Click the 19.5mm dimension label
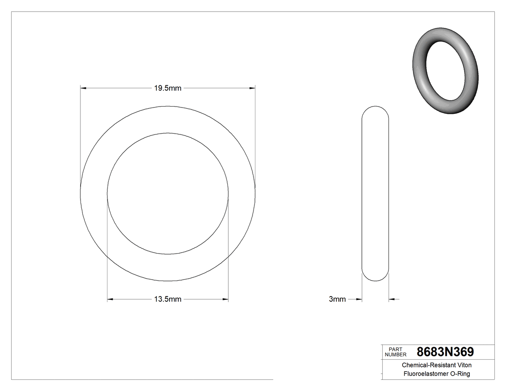(167, 88)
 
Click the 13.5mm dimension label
(167, 299)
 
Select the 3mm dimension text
(337, 299)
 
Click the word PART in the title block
(395, 349)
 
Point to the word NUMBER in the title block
(397, 354)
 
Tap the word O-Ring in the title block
(460, 374)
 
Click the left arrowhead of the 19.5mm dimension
(83, 88)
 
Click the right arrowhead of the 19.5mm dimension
(252, 88)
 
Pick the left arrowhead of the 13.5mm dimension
(110, 299)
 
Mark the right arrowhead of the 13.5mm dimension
(225, 299)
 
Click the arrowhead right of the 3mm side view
(392, 299)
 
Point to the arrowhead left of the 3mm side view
(359, 299)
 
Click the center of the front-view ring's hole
(167, 193)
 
